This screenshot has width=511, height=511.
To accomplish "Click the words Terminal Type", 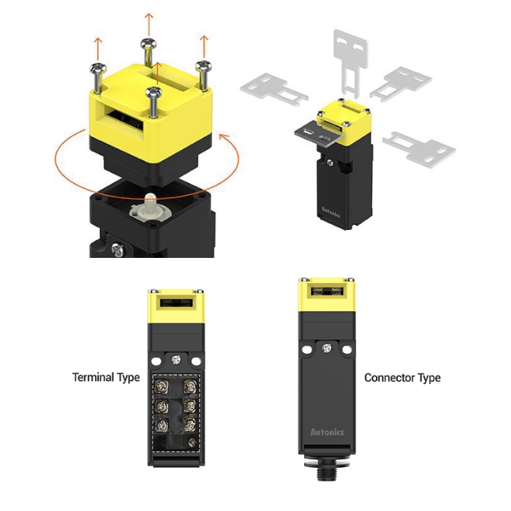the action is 106,378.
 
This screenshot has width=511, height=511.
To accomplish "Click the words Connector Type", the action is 402,378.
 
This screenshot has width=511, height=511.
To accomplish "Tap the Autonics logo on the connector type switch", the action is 327,432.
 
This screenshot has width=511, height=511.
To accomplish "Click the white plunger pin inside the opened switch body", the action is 150,205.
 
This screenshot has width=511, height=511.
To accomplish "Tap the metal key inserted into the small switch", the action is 319,134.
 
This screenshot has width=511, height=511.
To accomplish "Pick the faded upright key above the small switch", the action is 351,62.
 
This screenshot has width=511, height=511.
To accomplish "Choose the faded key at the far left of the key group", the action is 273,89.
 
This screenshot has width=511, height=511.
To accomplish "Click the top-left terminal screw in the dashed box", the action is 161,386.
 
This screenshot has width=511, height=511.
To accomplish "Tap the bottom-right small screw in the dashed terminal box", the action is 192,442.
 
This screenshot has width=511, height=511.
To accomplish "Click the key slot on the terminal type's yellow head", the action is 176,303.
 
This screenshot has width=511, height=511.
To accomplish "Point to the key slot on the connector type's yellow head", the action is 327,290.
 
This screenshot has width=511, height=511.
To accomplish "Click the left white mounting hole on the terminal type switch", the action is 156,361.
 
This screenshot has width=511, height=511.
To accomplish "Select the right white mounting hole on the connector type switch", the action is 347,350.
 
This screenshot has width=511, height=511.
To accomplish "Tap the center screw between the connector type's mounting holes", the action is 327,348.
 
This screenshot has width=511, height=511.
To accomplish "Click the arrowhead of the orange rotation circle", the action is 224,137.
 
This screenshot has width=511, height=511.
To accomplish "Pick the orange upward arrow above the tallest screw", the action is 149,25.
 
